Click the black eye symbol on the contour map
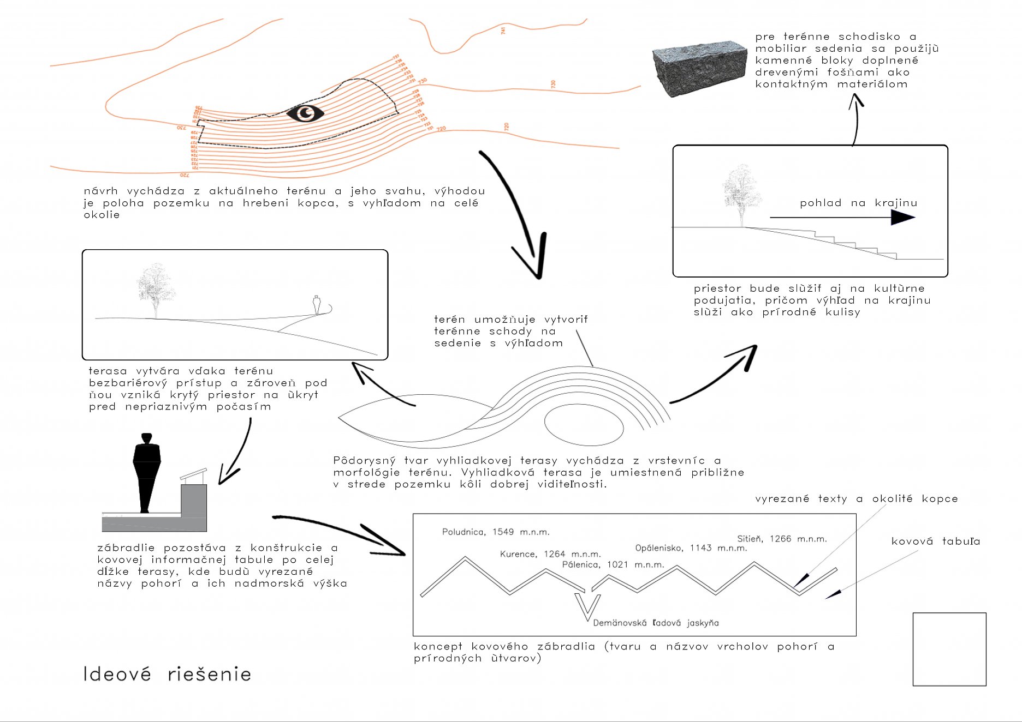click(x=305, y=113)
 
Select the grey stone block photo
click(x=699, y=69)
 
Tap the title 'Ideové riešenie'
click(x=167, y=675)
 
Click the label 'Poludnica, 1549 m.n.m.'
click(x=495, y=532)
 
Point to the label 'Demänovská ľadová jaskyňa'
click(x=656, y=623)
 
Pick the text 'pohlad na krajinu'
click(x=858, y=203)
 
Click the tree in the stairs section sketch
click(x=741, y=194)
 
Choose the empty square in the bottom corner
click(x=949, y=649)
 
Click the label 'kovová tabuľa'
click(x=935, y=541)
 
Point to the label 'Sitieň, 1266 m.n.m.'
click(x=782, y=539)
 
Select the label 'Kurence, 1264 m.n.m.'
click(x=550, y=554)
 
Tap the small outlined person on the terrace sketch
click(x=317, y=304)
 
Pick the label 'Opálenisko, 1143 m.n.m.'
click(x=691, y=548)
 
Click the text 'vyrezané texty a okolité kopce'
click(x=856, y=498)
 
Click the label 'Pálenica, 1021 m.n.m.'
click(x=613, y=564)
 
